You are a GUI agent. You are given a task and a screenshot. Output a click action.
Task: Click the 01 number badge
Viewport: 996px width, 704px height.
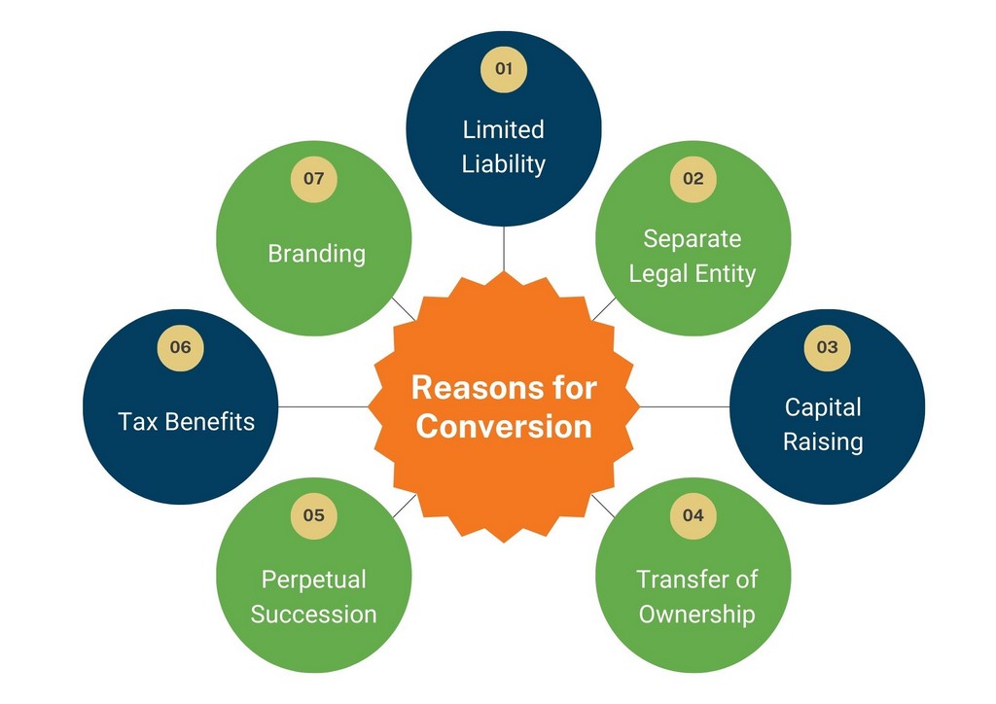(504, 69)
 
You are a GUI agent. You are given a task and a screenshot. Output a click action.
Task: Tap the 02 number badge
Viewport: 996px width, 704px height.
(693, 179)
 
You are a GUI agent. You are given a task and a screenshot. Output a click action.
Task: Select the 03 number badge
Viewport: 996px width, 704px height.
(827, 347)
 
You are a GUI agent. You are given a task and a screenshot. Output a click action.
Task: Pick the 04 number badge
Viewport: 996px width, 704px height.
(693, 515)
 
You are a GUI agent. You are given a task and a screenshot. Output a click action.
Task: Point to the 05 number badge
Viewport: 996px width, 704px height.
(314, 515)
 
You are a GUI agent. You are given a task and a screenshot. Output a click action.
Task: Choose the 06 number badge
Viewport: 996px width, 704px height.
(180, 347)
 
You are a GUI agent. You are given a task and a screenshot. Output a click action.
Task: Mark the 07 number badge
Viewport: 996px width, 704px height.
(314, 179)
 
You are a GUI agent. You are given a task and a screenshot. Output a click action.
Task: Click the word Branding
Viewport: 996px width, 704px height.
(316, 254)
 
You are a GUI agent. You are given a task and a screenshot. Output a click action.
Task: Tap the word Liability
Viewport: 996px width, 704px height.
(504, 164)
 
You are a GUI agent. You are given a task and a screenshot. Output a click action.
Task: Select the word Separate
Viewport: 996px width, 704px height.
(693, 238)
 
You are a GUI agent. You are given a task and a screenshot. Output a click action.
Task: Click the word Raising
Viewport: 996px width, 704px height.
(823, 441)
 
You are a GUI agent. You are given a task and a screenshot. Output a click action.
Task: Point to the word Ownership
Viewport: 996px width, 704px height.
(696, 615)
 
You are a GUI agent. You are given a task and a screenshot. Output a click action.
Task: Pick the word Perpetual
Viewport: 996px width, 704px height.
(314, 580)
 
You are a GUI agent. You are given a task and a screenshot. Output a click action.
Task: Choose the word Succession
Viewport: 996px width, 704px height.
(314, 615)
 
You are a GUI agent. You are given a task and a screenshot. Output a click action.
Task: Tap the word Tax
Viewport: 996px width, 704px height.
(137, 421)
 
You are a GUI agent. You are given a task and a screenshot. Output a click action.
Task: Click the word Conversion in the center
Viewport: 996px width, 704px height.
(504, 426)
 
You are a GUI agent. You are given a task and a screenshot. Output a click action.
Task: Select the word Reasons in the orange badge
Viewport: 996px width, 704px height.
(466, 387)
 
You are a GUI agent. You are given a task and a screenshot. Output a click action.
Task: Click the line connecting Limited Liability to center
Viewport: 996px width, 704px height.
(504, 249)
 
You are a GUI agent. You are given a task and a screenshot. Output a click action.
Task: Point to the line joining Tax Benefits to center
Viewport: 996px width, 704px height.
(323, 406)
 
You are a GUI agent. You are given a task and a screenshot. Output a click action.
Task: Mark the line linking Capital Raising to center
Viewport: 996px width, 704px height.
(685, 406)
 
